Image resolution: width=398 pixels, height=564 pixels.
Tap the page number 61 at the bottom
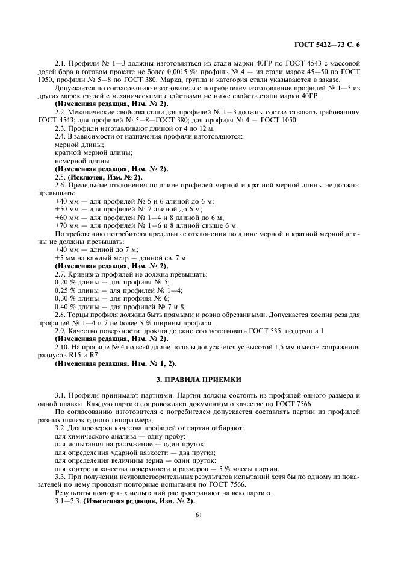[199, 515]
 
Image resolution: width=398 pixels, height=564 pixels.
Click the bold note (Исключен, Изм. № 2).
[106, 177]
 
